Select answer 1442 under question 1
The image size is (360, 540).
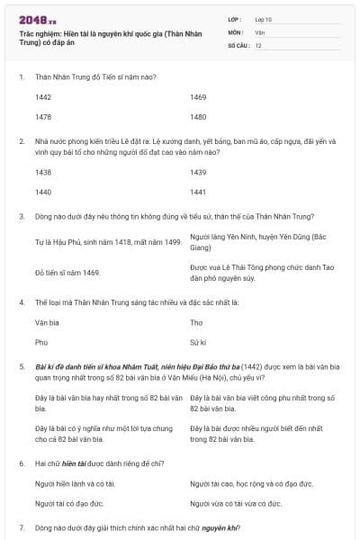click(x=43, y=96)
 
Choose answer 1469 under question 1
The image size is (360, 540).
click(x=199, y=96)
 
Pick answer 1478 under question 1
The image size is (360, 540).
click(x=43, y=117)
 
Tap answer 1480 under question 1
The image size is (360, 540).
click(x=199, y=117)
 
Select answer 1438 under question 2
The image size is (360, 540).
click(x=43, y=171)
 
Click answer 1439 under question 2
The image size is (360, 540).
click(x=199, y=171)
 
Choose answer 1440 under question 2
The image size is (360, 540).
click(x=43, y=192)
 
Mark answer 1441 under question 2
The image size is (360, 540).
click(x=199, y=192)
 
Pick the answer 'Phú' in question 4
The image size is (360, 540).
click(x=41, y=342)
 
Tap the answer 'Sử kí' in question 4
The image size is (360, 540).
click(x=199, y=342)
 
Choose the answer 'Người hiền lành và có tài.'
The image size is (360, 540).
click(x=76, y=484)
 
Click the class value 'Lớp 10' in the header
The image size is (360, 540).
click(x=264, y=19)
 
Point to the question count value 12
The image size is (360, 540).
click(x=258, y=45)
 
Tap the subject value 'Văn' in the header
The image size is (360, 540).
click(x=259, y=32)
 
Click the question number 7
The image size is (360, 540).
click(x=22, y=526)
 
